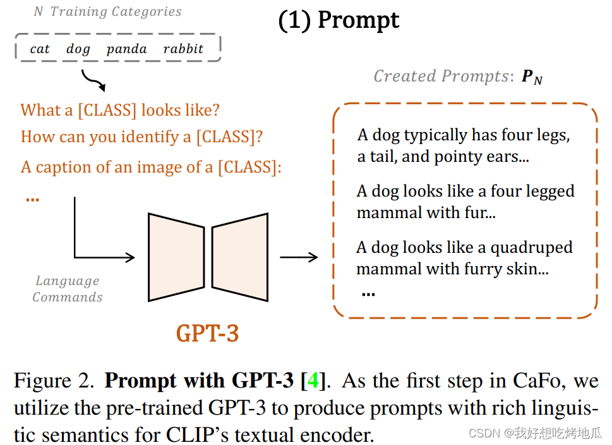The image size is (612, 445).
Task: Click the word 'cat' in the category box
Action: [x=40, y=49]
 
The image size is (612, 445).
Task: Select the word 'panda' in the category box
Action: [x=126, y=49]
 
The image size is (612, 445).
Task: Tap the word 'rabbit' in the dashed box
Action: [x=183, y=49]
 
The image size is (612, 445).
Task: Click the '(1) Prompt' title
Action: [x=339, y=20]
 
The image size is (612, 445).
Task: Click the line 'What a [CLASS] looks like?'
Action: [x=120, y=110]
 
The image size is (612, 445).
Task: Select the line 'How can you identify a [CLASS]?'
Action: [x=141, y=137]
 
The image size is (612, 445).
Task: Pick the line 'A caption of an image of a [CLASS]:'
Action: [x=151, y=167]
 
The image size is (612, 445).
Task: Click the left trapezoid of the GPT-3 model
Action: [x=176, y=256]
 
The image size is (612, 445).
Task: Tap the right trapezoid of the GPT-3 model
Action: [x=239, y=256]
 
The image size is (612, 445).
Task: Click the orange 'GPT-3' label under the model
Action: [x=207, y=333]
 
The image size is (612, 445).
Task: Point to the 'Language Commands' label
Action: [x=67, y=289]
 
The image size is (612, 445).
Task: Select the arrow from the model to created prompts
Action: [x=299, y=257]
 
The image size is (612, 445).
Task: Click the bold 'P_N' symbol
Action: [x=532, y=77]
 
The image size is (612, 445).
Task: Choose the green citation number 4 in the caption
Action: [x=313, y=381]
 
